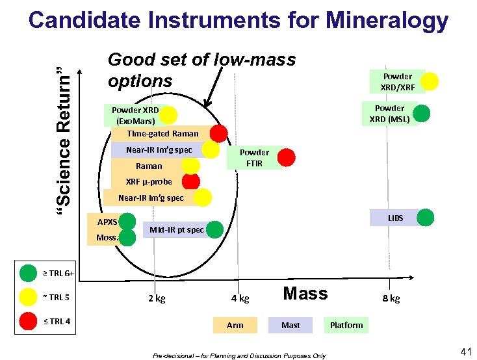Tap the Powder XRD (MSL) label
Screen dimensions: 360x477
[389, 114]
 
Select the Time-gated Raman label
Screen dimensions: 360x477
[162, 134]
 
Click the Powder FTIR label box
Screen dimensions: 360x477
[254, 158]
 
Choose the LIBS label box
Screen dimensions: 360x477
[395, 218]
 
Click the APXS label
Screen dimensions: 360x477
[107, 222]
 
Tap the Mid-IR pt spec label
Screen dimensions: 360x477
[176, 230]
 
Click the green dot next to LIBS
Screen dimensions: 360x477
[426, 218]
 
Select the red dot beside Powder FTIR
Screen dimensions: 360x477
[287, 157]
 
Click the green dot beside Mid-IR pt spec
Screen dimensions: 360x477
[215, 229]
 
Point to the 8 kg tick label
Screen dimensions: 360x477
[391, 299]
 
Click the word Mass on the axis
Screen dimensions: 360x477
[305, 294]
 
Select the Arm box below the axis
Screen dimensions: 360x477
[235, 325]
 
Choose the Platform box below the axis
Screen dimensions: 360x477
[346, 325]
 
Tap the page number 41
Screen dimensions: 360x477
[465, 352]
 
